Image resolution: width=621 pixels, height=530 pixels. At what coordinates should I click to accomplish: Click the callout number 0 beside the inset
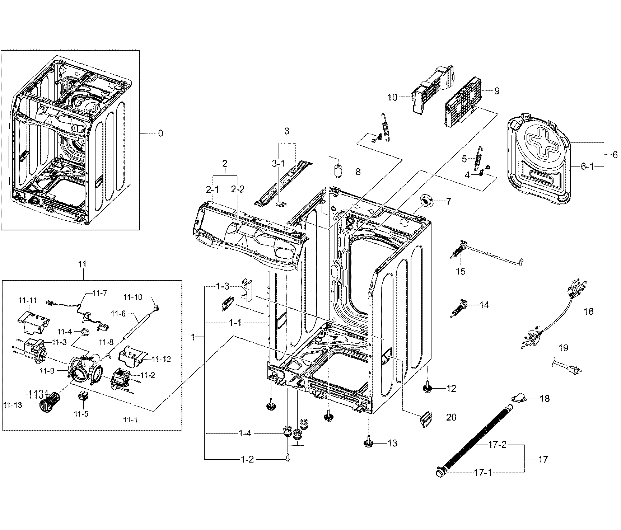(x=160, y=133)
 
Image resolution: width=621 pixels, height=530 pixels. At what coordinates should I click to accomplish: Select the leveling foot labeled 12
(x=427, y=389)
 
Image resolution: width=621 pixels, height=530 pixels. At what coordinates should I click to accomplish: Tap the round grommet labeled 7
(x=426, y=202)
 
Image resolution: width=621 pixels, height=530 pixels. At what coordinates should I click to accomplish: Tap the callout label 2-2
(x=237, y=189)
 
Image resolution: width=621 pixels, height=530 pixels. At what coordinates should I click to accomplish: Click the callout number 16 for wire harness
(x=589, y=311)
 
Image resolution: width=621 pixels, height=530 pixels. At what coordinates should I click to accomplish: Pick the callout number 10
(x=392, y=97)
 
